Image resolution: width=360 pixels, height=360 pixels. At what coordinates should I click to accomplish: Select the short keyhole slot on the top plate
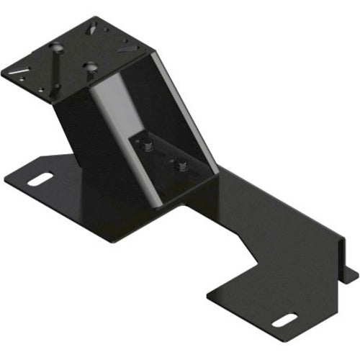(90, 67)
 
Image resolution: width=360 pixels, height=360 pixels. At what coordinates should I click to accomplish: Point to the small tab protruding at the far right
(351, 274)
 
